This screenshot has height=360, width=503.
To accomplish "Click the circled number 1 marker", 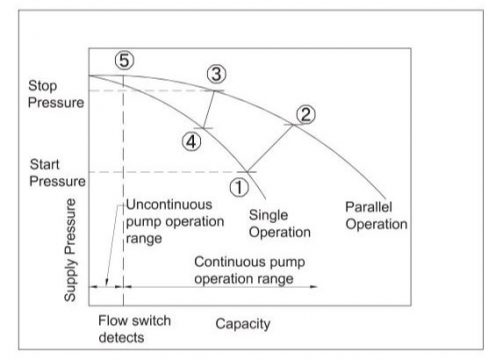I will (x=239, y=184).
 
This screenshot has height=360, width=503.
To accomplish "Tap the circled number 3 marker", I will (x=217, y=73).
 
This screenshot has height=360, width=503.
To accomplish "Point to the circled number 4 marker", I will (x=190, y=142).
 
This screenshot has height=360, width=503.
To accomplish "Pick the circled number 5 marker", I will (x=123, y=60).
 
